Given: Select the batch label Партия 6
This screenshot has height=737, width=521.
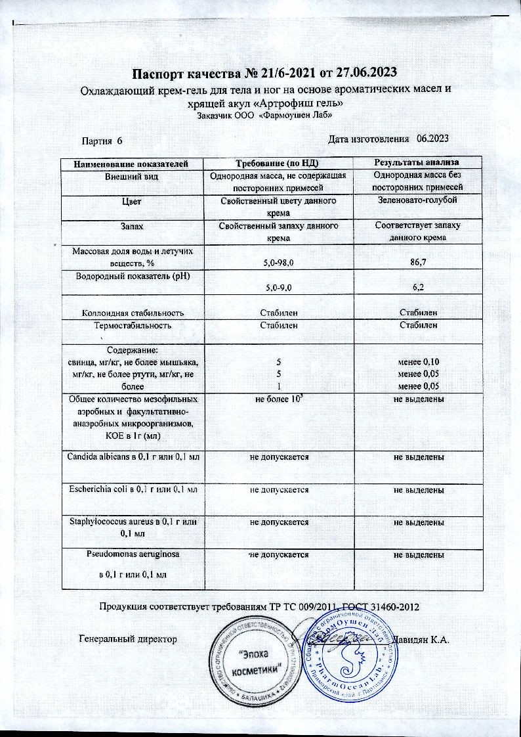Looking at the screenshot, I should coord(102,141).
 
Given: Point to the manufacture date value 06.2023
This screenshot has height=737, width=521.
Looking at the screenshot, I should coord(432,139).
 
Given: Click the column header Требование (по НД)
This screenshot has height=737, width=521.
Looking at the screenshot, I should coord(278,162).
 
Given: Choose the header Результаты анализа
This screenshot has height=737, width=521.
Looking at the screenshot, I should coord(415,162).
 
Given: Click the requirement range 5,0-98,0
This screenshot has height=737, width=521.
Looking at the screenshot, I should coord(278,263).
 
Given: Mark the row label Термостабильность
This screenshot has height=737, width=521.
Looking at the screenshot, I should coord(132,324).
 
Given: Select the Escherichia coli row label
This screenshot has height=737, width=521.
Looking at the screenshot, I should coord(132,489).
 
